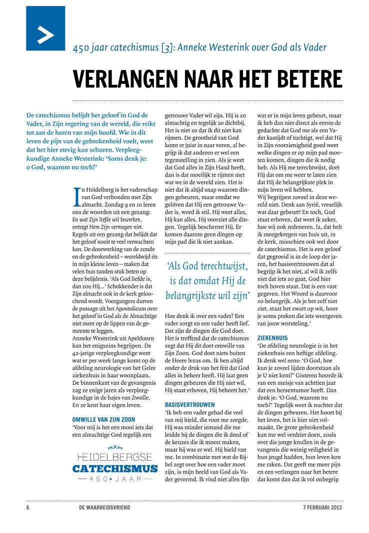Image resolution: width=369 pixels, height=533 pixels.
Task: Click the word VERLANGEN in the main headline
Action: pyautogui.click(x=125, y=78)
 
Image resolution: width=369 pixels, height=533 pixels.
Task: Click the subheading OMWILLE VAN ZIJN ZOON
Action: pyautogui.click(x=103, y=419)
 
